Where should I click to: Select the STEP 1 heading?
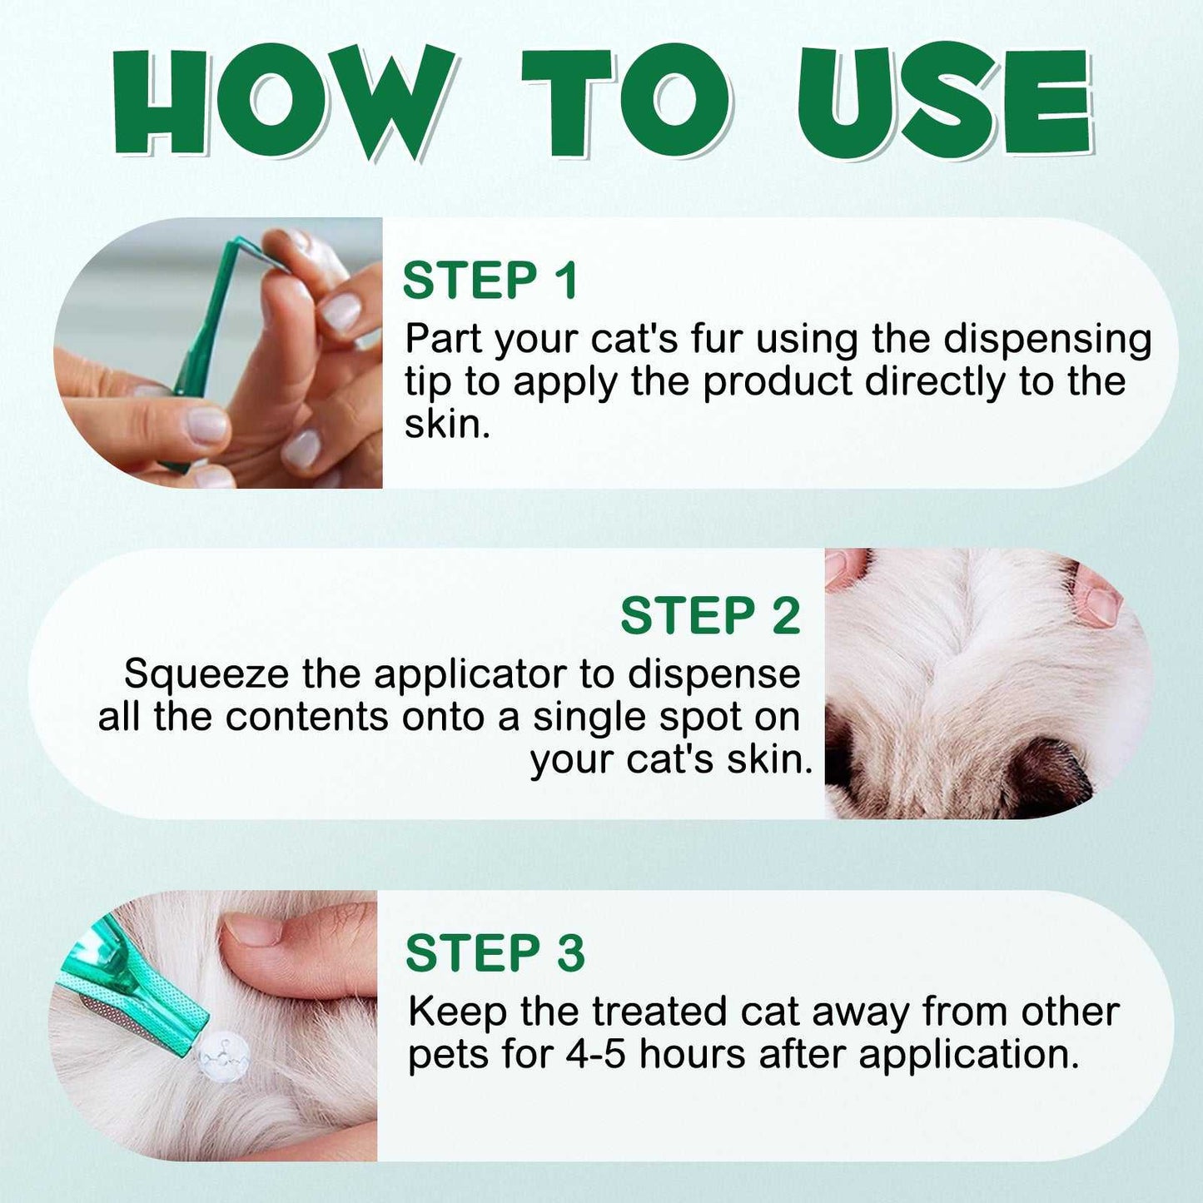490,281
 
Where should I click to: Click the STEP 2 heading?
710,615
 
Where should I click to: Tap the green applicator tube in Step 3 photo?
137,992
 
